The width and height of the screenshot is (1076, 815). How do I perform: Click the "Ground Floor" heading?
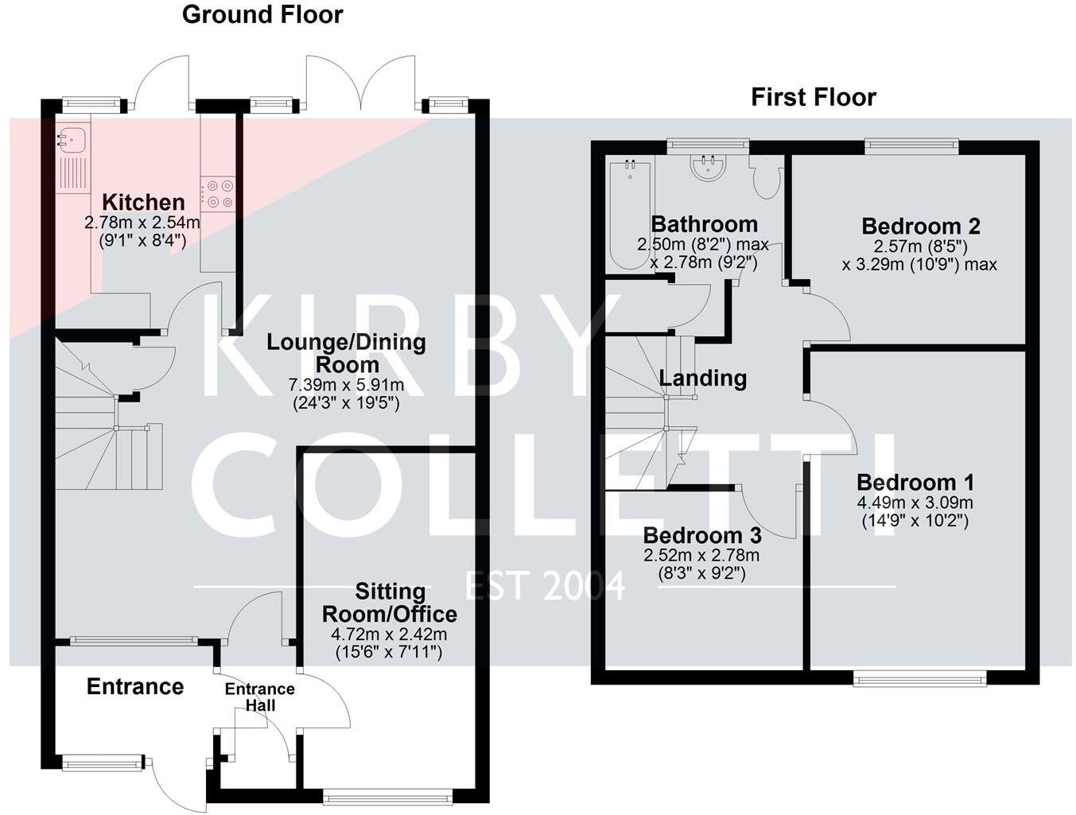pyautogui.click(x=262, y=14)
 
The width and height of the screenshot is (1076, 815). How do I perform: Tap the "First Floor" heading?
pyautogui.click(x=813, y=97)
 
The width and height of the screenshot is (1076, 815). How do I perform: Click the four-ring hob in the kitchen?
pyautogui.click(x=218, y=194)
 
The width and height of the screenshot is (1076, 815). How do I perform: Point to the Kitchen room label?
pyautogui.click(x=143, y=202)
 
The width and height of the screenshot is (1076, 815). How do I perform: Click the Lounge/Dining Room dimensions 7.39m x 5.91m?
pyautogui.click(x=346, y=386)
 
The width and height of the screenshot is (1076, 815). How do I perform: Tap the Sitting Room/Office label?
pyautogui.click(x=389, y=603)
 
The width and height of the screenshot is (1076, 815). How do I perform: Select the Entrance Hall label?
pyautogui.click(x=259, y=697)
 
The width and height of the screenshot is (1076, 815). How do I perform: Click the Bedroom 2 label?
pyautogui.click(x=920, y=227)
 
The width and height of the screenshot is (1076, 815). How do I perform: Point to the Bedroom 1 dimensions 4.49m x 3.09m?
pyautogui.click(x=915, y=503)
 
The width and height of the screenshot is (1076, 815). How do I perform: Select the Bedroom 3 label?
pyautogui.click(x=701, y=535)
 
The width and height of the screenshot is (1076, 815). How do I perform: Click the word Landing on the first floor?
pyautogui.click(x=703, y=378)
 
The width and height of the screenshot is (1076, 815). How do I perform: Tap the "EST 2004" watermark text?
pyautogui.click(x=545, y=587)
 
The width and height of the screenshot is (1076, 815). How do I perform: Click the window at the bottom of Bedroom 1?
pyautogui.click(x=919, y=678)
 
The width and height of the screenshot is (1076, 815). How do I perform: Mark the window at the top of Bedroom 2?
pyautogui.click(x=911, y=145)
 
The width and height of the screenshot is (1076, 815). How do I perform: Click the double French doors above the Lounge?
pyautogui.click(x=360, y=83)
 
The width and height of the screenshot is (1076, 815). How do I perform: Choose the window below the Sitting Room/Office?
pyautogui.click(x=387, y=795)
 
